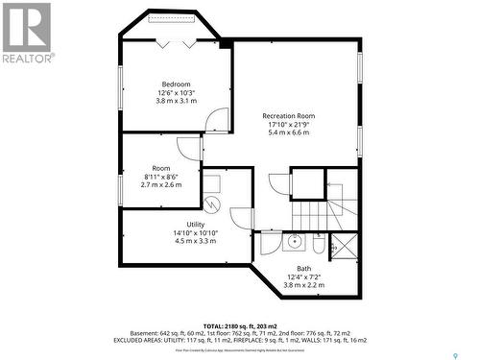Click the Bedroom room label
[x=176, y=84]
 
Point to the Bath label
[x=303, y=269]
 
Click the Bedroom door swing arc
[x=218, y=123]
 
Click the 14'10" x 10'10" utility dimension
[x=195, y=232]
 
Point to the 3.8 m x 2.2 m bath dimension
[x=303, y=285]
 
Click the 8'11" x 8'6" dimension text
[x=160, y=177]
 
